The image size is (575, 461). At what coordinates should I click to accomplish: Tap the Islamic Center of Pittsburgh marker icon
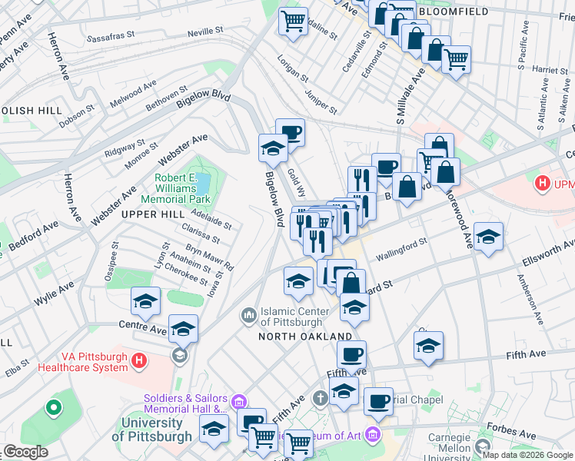248,316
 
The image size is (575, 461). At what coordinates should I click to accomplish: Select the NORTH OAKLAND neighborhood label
304,337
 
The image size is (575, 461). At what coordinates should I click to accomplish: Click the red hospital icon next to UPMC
543,184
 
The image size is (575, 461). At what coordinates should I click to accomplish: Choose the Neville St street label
205,31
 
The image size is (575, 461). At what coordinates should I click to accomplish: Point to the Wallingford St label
401,248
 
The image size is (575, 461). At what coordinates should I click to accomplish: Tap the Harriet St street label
549,70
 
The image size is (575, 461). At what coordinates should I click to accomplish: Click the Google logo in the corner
26,452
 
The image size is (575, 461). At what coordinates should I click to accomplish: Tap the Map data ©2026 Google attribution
527,455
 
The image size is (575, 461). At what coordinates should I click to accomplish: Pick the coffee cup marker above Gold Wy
290,132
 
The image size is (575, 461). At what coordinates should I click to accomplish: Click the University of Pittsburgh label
151,429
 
